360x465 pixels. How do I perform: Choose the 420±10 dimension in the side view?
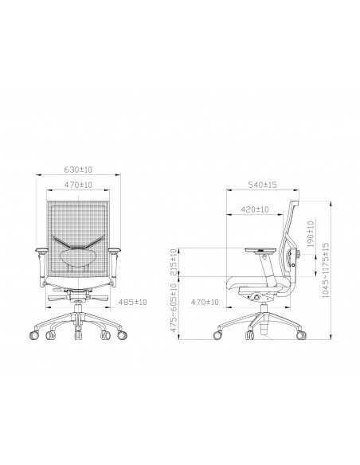point(253,210)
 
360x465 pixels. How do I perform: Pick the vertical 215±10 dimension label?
point(174,262)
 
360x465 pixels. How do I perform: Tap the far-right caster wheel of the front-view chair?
point(122,337)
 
